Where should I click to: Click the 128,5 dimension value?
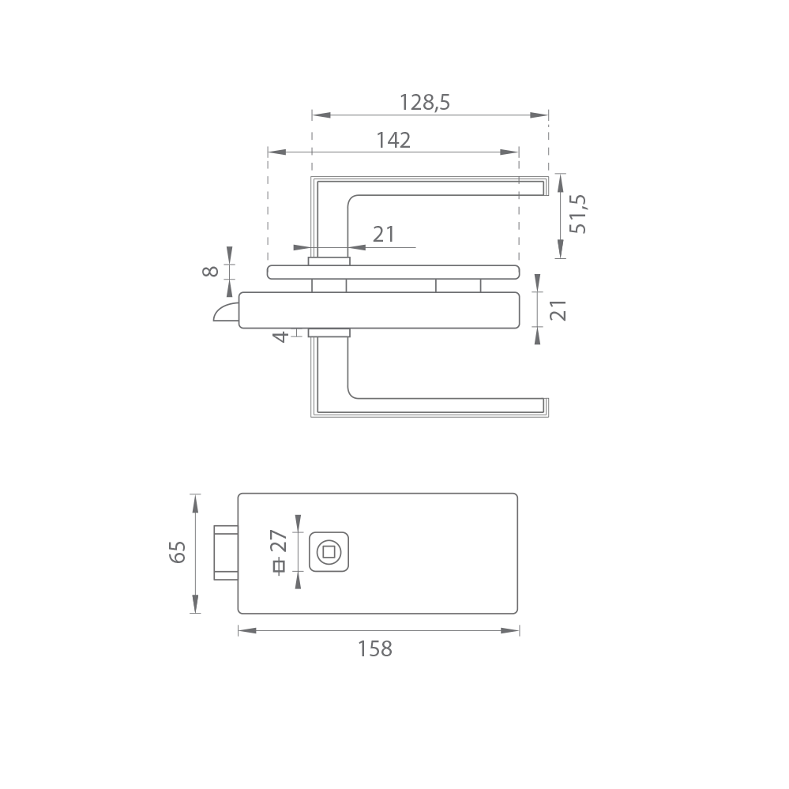425,102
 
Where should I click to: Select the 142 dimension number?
393,140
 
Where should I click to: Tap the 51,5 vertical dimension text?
578,214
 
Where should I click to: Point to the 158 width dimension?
375,648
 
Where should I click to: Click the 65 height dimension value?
178,552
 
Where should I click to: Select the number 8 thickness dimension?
210,271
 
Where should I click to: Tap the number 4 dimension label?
281,336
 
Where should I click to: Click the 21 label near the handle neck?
384,234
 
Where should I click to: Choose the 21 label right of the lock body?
558,310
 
